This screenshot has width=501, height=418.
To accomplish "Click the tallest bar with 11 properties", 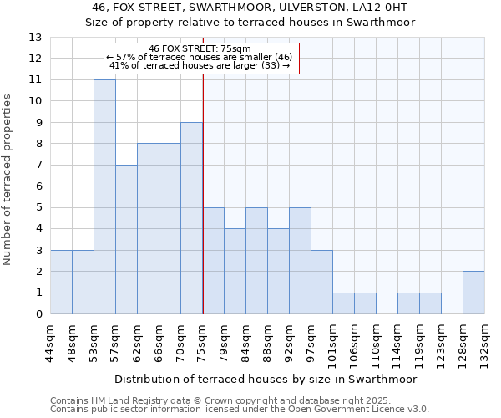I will click(x=104, y=196).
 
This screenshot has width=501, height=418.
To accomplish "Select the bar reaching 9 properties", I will click(x=191, y=218).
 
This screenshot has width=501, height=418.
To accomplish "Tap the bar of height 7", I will click(x=126, y=239).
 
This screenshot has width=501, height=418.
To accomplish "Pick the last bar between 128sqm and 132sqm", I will click(x=473, y=293).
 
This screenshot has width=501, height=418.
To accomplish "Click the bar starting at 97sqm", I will click(x=321, y=282).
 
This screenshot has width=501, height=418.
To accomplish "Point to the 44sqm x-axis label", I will click(x=51, y=343).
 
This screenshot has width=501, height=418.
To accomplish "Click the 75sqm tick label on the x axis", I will click(x=203, y=343).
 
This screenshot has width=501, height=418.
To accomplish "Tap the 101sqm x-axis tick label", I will click(x=333, y=345).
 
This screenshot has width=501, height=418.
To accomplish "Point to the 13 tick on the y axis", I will click(x=35, y=38).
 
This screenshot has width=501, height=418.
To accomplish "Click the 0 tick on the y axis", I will click(x=38, y=314).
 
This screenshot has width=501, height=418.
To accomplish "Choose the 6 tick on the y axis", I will click(x=38, y=186).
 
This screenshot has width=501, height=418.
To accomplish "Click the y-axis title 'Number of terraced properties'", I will click(x=8, y=180).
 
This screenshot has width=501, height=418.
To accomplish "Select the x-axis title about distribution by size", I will click(x=266, y=379).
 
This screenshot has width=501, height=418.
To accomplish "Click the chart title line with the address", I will click(x=250, y=8).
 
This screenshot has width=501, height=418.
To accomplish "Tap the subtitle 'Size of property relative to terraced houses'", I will click(x=250, y=23).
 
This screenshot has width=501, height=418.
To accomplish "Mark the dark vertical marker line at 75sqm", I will click(x=203, y=192).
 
